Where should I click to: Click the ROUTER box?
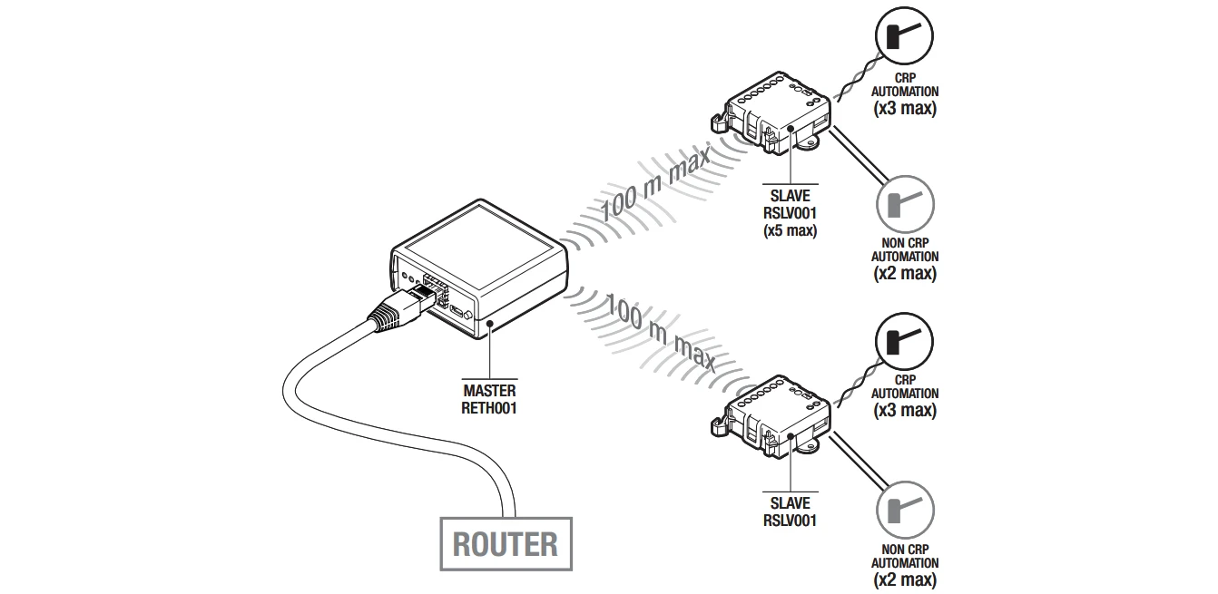tap(506, 544)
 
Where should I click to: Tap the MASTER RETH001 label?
tap(489, 400)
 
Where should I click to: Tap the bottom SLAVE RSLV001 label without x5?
tap(790, 512)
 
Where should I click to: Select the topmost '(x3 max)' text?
tap(904, 109)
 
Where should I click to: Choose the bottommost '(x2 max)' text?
tap(904, 579)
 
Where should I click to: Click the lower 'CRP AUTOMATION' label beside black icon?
tap(904, 387)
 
